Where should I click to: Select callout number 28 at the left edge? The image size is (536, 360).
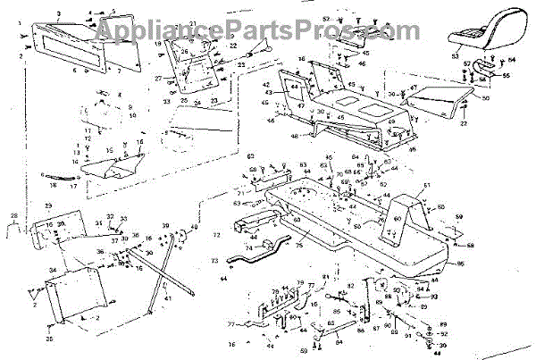[x=13, y=216]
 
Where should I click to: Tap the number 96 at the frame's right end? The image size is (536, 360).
[x=462, y=264]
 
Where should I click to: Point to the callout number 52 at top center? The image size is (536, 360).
[x=326, y=19]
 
